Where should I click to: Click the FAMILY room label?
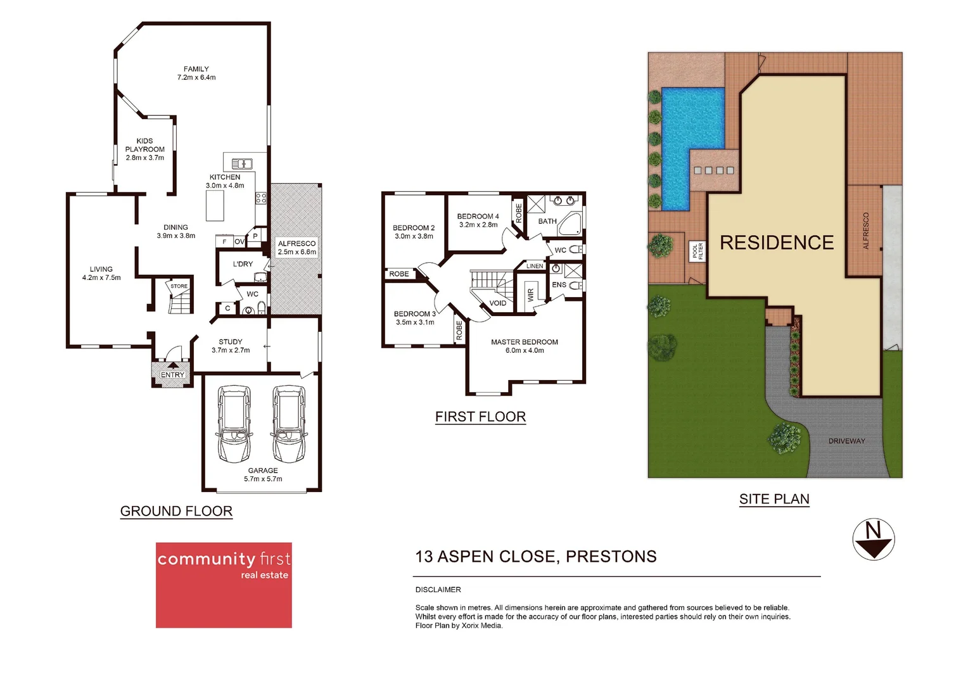(196, 69)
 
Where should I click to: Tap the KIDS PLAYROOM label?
(144, 145)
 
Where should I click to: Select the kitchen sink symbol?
(242, 163)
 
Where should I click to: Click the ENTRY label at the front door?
(172, 375)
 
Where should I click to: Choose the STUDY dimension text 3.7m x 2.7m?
(231, 350)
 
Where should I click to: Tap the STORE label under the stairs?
(179, 286)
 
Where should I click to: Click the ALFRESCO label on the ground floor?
(296, 243)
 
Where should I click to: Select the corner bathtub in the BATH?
(570, 224)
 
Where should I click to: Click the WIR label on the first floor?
(531, 294)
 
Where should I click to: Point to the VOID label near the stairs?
(498, 303)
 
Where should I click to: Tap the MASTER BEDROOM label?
(525, 342)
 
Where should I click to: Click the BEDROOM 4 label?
(478, 216)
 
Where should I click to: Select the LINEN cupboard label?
(535, 266)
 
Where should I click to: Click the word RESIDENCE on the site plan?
(777, 243)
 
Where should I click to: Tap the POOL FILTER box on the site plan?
(697, 251)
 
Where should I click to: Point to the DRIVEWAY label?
(846, 441)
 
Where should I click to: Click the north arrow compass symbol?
(873, 540)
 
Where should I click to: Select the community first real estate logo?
(224, 585)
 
